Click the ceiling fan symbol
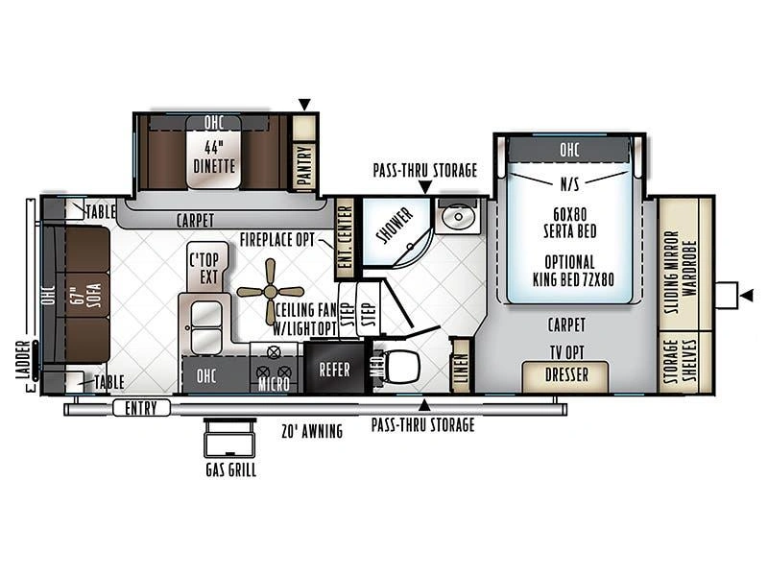click(x=271, y=292)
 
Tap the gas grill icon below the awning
click(x=230, y=438)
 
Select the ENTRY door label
click(x=141, y=407)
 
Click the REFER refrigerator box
click(x=334, y=370)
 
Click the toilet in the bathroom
click(x=402, y=367)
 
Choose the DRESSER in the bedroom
click(x=565, y=376)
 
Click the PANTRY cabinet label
click(x=304, y=165)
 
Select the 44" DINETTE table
click(x=213, y=152)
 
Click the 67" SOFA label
click(x=88, y=295)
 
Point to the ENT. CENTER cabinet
click(x=345, y=237)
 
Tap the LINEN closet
click(x=461, y=366)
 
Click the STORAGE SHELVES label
click(x=681, y=361)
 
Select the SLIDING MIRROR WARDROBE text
click(x=680, y=273)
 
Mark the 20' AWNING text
click(x=312, y=431)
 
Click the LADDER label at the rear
click(x=21, y=361)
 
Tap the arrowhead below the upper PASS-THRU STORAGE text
click(x=425, y=187)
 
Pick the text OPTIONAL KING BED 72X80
click(x=572, y=271)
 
